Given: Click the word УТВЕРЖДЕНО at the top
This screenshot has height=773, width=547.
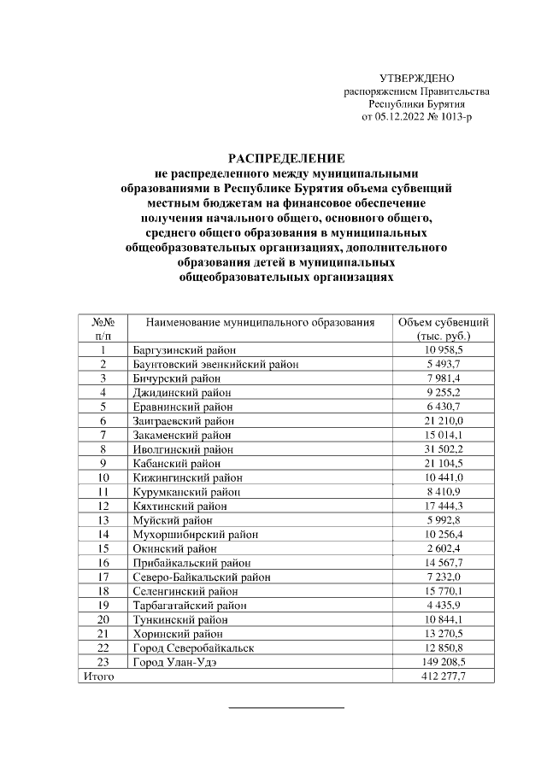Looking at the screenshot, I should [x=417, y=79].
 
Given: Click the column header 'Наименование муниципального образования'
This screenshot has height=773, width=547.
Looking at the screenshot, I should [x=261, y=323].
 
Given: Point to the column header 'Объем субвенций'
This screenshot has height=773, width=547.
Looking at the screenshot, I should [x=444, y=323].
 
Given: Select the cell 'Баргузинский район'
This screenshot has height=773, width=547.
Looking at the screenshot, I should [x=185, y=350].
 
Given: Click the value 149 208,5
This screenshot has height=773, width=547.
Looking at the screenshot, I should [x=444, y=661].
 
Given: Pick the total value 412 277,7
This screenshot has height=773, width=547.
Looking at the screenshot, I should [x=444, y=676].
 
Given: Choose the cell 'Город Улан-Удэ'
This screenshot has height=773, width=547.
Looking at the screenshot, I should [x=174, y=661].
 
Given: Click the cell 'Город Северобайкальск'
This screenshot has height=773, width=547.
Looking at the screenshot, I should [x=194, y=647].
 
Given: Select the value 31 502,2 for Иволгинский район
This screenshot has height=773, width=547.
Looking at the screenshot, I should [x=444, y=449].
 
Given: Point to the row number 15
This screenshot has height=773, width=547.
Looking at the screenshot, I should [x=103, y=548].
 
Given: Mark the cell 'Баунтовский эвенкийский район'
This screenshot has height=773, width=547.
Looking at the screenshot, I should [x=216, y=365].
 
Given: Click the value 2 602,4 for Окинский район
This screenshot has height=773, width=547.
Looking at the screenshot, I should [x=444, y=548].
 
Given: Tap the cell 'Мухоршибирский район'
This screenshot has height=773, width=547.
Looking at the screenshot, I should [x=196, y=534].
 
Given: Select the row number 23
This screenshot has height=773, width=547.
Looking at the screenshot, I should [x=103, y=661].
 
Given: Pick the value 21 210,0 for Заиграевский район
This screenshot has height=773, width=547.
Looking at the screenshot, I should [x=444, y=421].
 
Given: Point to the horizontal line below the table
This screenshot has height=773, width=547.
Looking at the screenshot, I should [x=286, y=708].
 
